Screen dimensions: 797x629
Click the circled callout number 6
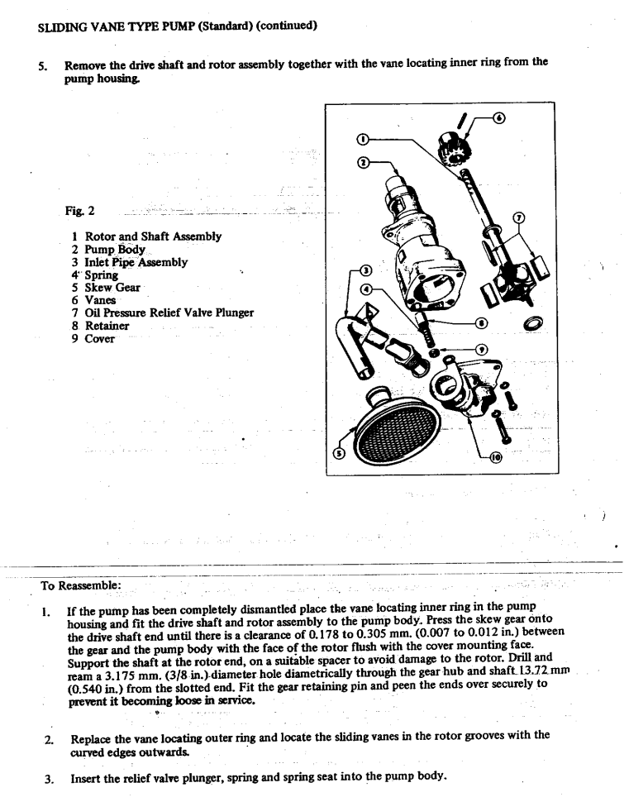(x=498, y=118)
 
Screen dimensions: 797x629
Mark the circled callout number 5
(x=336, y=453)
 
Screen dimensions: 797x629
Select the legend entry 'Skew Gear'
(x=112, y=287)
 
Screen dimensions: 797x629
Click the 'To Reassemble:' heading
(x=81, y=585)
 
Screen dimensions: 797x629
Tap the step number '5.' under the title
(x=43, y=64)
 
